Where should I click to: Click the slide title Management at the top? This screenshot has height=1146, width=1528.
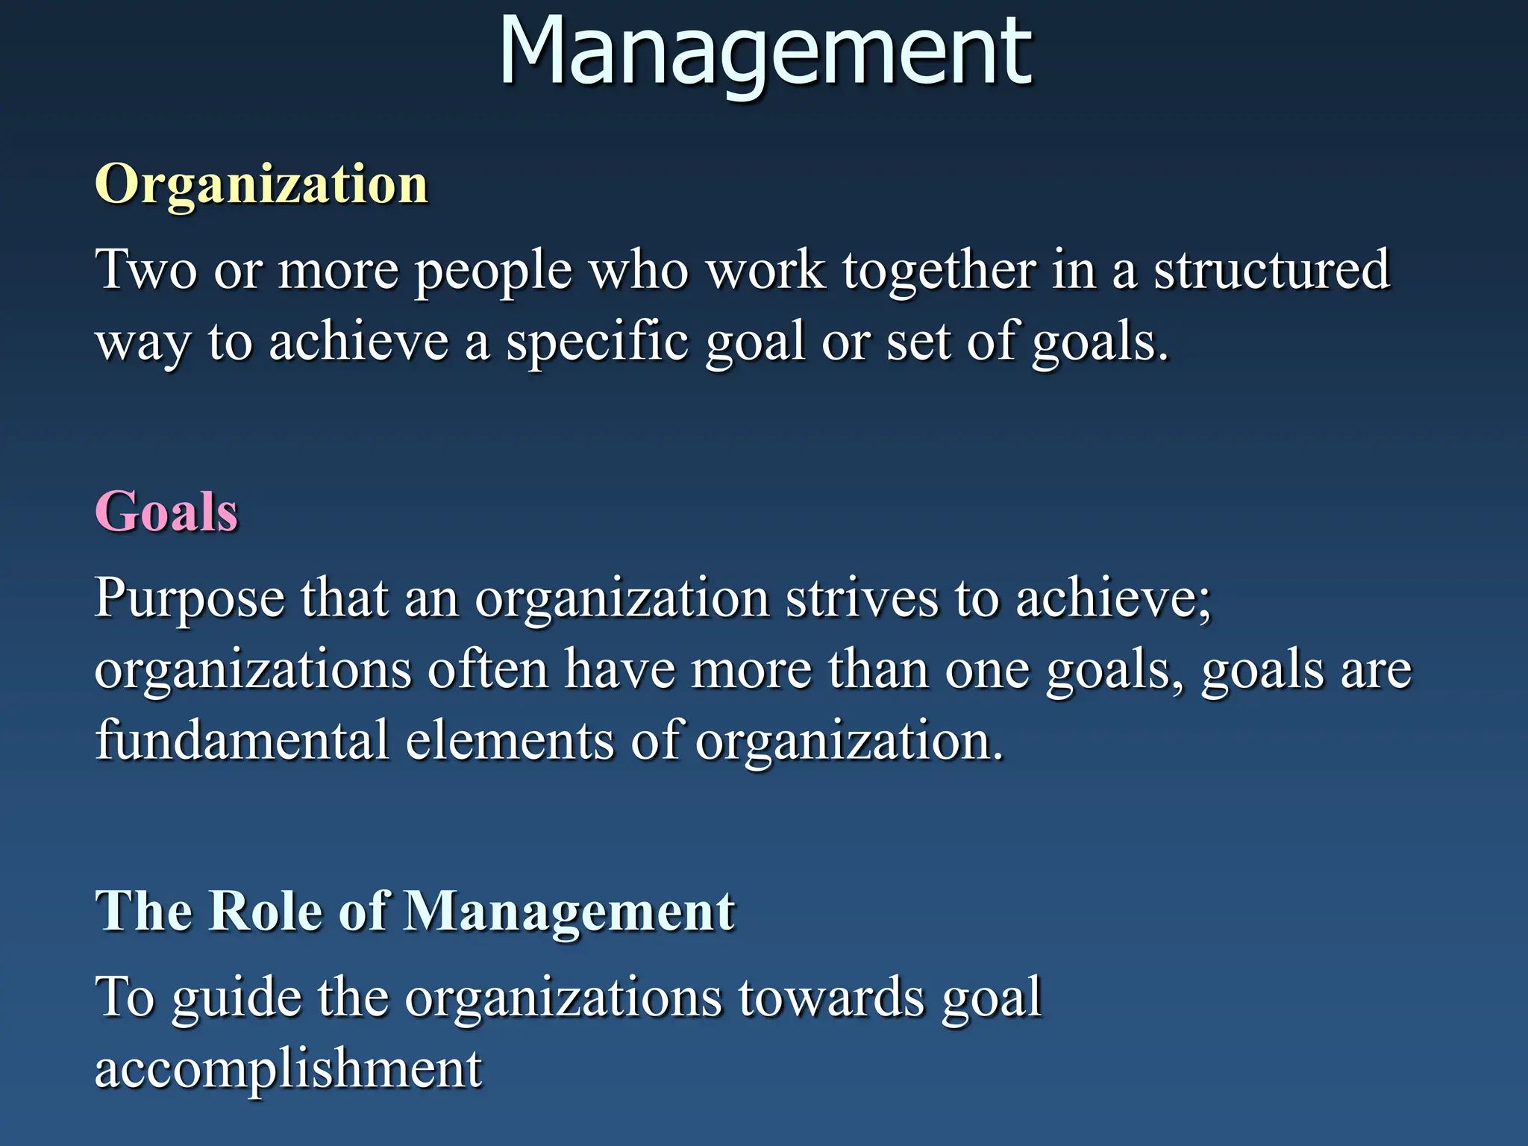[765, 52]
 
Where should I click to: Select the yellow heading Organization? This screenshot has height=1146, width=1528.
[261, 184]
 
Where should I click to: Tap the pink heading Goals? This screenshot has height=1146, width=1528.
[166, 513]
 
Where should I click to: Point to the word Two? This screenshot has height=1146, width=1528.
[146, 269]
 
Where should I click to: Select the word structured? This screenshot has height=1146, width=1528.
[1272, 269]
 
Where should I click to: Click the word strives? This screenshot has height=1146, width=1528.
[862, 598]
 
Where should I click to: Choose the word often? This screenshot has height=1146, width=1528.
[488, 669]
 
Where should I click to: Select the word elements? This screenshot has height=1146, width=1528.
[510, 740]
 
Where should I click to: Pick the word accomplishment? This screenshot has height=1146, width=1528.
[289, 1069]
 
